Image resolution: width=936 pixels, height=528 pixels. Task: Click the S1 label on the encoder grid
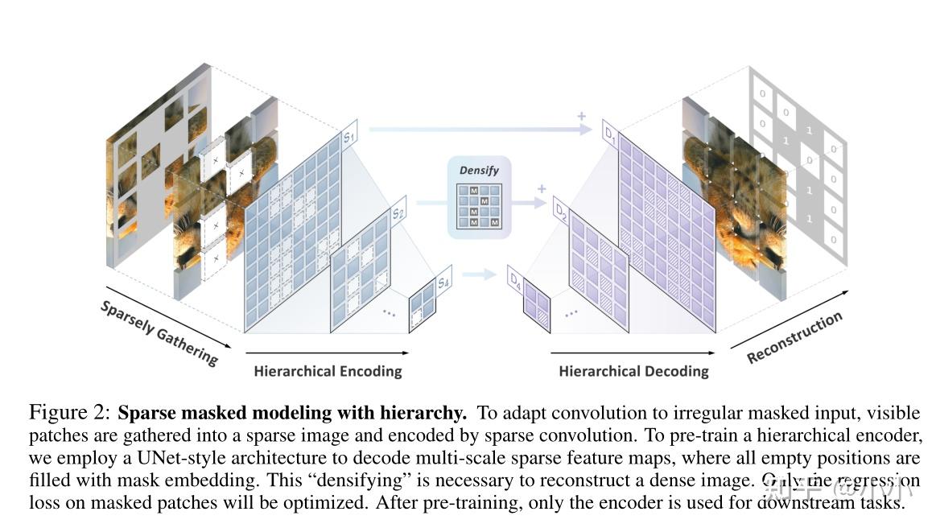[349, 138]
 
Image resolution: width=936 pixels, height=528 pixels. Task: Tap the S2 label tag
[398, 214]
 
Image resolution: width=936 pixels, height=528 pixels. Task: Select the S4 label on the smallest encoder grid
[443, 283]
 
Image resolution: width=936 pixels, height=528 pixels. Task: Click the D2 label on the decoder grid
[561, 211]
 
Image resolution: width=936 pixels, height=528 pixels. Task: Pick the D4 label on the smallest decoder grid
[516, 278]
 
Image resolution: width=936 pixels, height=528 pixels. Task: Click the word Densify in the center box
[479, 171]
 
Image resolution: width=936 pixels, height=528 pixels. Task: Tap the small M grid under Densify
[479, 206]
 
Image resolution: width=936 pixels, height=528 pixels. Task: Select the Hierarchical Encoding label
[328, 371]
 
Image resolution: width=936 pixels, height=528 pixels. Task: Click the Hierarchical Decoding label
[633, 371]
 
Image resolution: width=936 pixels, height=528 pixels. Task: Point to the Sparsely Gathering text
[159, 332]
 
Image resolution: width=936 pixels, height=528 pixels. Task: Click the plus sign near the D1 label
[580, 117]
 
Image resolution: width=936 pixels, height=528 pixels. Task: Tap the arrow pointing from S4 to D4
[481, 274]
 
